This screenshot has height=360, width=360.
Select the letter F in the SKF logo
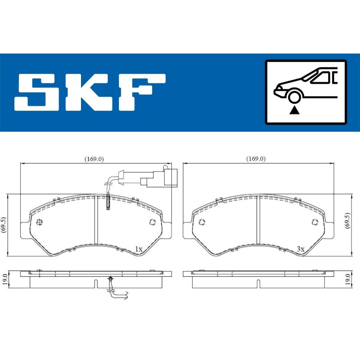pyautogui.click(x=141, y=92)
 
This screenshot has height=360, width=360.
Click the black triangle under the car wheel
pyautogui.click(x=295, y=111)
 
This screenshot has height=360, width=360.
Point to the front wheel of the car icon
pyautogui.click(x=295, y=97)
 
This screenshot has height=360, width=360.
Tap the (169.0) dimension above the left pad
pyautogui.click(x=94, y=159)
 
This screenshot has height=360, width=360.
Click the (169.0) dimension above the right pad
pyautogui.click(x=256, y=159)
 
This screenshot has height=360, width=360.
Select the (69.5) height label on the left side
pyautogui.click(x=4, y=225)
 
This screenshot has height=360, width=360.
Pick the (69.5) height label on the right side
pyautogui.click(x=347, y=220)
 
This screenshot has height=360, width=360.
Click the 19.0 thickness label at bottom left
pyautogui.click(x=4, y=279)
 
